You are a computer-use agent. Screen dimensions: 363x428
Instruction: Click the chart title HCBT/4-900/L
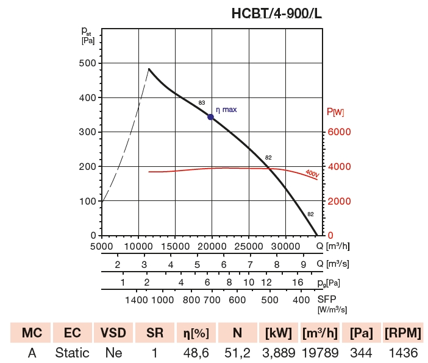276,13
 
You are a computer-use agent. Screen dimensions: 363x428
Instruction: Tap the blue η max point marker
210,117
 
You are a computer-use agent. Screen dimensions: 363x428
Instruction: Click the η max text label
226,110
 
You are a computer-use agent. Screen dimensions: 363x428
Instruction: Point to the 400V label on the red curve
312,174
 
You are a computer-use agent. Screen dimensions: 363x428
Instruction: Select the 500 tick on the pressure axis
88,63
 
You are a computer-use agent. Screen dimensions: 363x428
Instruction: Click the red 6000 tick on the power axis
339,132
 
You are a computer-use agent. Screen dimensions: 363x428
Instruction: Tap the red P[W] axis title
335,112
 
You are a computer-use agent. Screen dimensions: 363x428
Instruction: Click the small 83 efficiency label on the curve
202,103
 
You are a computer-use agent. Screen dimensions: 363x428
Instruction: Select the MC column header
32,333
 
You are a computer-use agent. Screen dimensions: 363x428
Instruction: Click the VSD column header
114,333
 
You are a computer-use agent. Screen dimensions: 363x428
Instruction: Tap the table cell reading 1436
402,353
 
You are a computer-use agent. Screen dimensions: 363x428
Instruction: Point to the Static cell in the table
73,353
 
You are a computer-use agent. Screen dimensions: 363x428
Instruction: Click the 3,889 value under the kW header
279,353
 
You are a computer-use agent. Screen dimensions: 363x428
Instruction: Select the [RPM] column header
402,333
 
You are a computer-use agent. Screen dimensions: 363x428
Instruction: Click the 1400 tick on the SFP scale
137,300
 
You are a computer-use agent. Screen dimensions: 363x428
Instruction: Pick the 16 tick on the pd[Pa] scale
298,283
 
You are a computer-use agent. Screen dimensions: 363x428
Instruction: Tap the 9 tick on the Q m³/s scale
303,264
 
